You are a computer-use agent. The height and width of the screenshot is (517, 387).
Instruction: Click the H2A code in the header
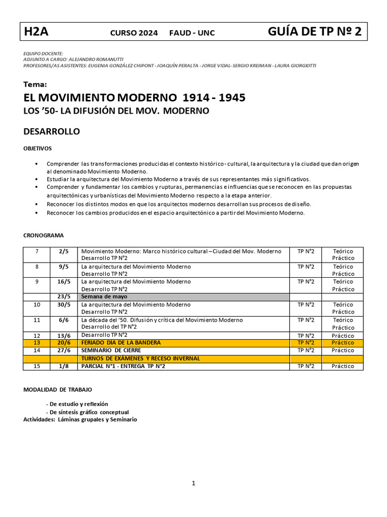pos(36,32)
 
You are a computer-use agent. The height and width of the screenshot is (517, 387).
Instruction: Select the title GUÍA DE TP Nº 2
pos(314,32)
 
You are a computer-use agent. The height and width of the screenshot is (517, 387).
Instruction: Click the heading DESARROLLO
pos(52,132)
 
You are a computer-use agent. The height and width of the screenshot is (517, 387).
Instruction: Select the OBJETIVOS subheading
pos(37,148)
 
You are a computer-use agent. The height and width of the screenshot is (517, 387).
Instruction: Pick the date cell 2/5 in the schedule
pos(63,251)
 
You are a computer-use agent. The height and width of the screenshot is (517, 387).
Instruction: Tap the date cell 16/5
pos(64,281)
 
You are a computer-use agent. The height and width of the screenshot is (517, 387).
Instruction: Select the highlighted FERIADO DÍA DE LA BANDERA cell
pos(121,342)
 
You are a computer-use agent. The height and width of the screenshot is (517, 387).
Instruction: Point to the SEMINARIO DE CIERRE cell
pos(111,350)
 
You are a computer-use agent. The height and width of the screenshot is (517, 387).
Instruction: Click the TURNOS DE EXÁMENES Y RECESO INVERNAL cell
pos(141,358)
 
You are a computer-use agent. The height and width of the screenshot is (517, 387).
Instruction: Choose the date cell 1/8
pos(63,366)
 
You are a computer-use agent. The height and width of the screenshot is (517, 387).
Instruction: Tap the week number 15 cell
pos(36,366)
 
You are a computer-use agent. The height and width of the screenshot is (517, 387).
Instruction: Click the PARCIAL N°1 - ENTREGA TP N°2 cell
pos(123,366)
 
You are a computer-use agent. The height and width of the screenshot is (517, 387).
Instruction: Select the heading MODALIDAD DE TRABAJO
pos(57,390)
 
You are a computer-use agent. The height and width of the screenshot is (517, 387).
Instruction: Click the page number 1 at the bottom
pos(193,483)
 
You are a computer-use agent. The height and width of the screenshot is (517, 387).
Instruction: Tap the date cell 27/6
pos(64,350)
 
